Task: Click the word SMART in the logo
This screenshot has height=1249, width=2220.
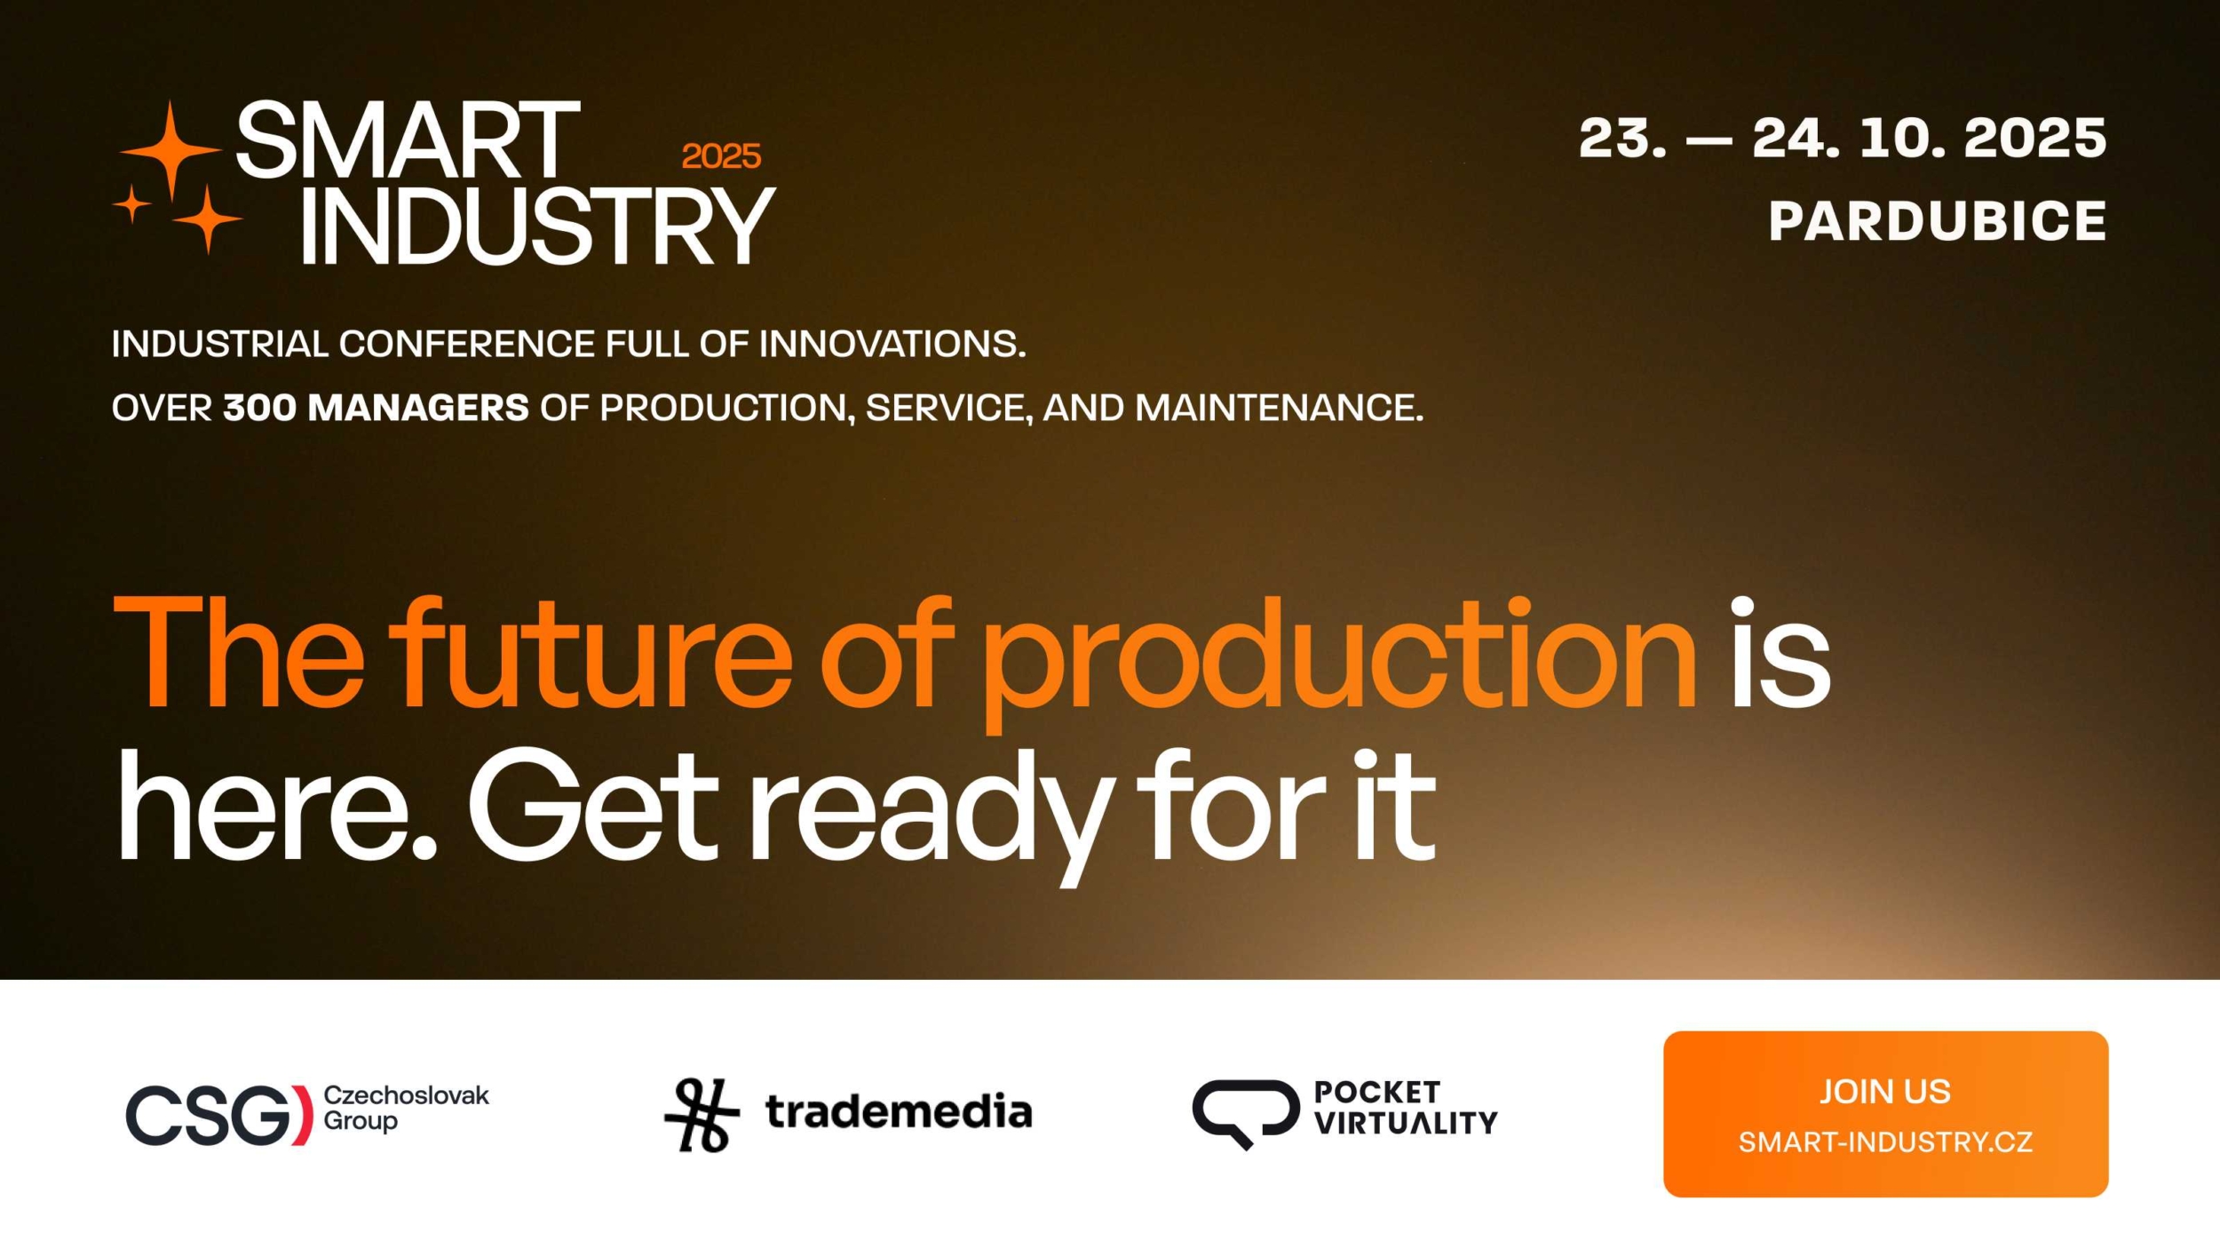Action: tap(408, 139)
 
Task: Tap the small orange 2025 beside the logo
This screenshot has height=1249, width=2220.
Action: tap(721, 156)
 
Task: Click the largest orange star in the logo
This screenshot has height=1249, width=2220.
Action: tap(170, 151)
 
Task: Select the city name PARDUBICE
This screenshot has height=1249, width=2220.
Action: tap(1937, 220)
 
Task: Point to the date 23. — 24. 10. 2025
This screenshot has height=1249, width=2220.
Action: tap(1842, 138)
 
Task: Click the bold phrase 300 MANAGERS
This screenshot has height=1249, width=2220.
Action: tap(376, 408)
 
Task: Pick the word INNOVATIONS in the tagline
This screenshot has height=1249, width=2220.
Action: tap(892, 344)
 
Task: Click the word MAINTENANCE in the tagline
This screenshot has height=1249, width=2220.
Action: tap(1279, 408)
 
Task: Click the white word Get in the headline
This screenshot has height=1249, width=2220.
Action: tap(593, 804)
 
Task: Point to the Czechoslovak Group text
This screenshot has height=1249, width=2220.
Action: tap(405, 1108)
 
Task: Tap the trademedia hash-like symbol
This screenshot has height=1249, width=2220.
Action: tap(702, 1115)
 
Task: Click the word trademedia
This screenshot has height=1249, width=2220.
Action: tap(899, 1111)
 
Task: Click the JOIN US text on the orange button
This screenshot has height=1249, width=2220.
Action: tap(1885, 1091)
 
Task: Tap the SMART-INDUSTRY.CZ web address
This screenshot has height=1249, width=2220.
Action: tap(1885, 1142)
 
